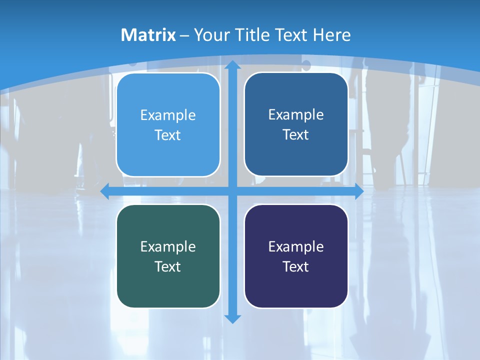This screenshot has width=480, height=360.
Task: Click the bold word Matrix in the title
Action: [148, 35]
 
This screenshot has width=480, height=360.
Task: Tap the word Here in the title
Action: [332, 35]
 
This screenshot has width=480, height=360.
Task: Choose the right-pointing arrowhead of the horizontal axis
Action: [358, 191]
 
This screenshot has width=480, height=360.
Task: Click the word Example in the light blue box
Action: [168, 115]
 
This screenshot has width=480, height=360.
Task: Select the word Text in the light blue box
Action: [168, 135]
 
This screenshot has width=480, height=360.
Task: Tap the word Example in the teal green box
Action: [168, 246]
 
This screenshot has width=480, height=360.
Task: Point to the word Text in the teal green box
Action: [168, 266]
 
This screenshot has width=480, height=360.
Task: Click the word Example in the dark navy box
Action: [296, 246]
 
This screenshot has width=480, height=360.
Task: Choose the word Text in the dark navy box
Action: [296, 266]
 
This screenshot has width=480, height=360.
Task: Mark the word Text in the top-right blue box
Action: [296, 134]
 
